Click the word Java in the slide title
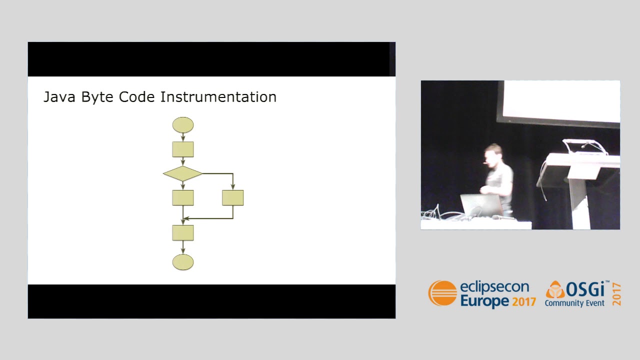(59, 97)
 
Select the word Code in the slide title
(137, 97)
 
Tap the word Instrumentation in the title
(218, 97)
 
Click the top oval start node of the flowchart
(183, 125)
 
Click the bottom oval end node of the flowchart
(183, 262)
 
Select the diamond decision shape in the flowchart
(182, 173)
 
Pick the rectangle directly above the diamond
(183, 149)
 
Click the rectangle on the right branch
(233, 197)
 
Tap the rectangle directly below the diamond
(183, 197)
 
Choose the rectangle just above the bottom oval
(183, 232)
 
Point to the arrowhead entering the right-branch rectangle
(233, 187)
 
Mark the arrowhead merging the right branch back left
(186, 218)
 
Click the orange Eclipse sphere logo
(442, 293)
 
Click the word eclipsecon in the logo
(494, 287)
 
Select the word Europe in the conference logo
(484, 301)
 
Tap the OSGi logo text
(585, 289)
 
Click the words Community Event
(574, 303)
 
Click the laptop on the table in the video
(481, 205)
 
